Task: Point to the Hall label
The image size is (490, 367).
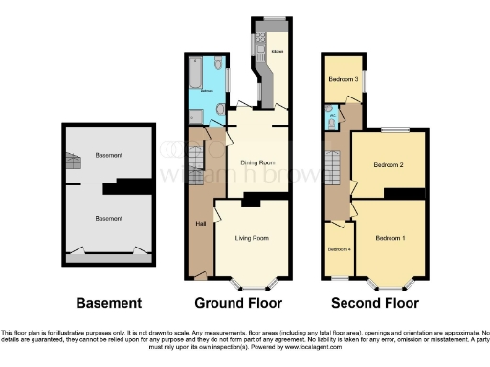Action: [201, 223]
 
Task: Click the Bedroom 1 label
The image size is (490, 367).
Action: [390, 237]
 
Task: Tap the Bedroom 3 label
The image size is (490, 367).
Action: [344, 79]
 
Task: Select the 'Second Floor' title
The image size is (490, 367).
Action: [375, 304]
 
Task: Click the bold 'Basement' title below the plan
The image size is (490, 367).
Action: [109, 304]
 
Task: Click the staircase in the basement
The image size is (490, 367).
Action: [73, 162]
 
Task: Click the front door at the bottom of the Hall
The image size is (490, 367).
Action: [199, 277]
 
